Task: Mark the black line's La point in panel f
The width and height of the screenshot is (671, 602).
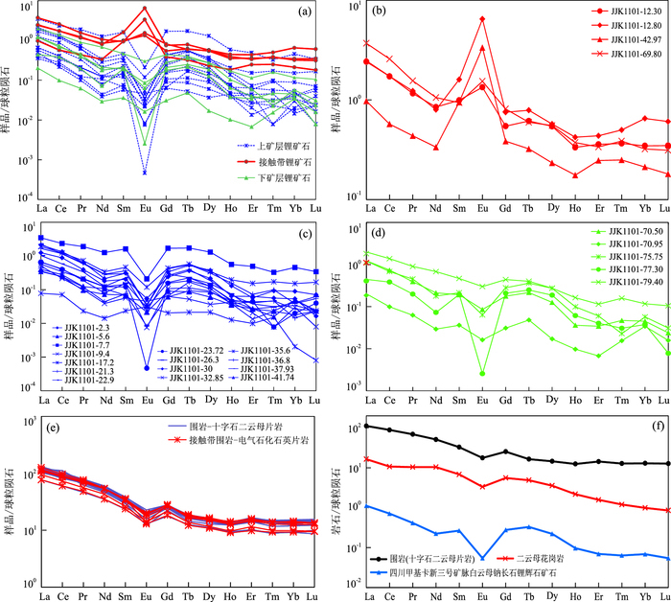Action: (x=367, y=426)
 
